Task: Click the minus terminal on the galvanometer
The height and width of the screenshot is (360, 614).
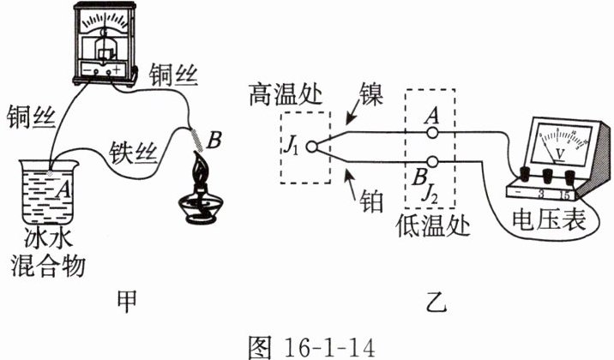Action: (96, 71)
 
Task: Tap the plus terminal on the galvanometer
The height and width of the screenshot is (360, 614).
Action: (109, 71)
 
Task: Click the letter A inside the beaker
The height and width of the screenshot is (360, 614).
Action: (63, 190)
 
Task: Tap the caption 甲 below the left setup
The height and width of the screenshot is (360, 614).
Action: (127, 302)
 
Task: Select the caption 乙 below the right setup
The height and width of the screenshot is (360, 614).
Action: (436, 302)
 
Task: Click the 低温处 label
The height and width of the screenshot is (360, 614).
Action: (433, 225)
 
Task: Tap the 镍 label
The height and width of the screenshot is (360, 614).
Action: (370, 94)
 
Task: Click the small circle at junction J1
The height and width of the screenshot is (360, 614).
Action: (311, 147)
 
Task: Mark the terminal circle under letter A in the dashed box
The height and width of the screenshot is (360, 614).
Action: (432, 133)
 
